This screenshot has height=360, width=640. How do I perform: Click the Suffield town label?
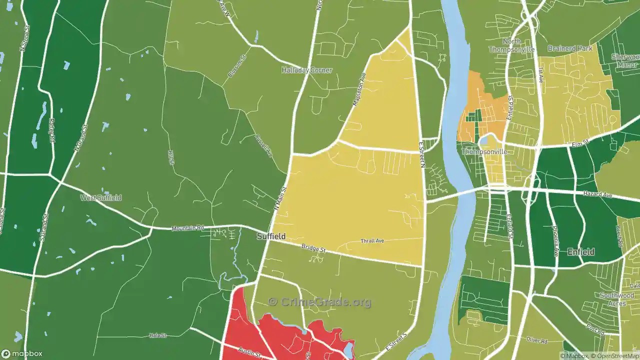click(271, 236)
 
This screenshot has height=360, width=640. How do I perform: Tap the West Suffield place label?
click(101, 198)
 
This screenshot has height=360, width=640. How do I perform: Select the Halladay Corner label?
click(306, 70)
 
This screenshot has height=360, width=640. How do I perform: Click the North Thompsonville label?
click(511, 45)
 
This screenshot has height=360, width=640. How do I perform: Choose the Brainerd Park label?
click(569, 48)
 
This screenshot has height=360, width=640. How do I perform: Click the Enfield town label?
click(580, 252)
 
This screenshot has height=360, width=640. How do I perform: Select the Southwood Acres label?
click(616, 299)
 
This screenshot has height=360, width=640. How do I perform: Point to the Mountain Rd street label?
click(187, 228)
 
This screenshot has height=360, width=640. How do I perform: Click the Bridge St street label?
click(313, 248)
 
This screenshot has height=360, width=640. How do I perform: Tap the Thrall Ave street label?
click(372, 241)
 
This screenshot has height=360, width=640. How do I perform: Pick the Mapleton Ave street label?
click(359, 89)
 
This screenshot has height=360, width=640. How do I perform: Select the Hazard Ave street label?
click(597, 194)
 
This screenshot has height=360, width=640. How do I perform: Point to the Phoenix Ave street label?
click(555, 240)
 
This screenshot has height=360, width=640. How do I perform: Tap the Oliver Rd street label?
click(537, 340)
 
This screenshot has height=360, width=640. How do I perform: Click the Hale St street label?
click(157, 335)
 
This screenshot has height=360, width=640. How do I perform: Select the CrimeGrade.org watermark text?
click(319, 302)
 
